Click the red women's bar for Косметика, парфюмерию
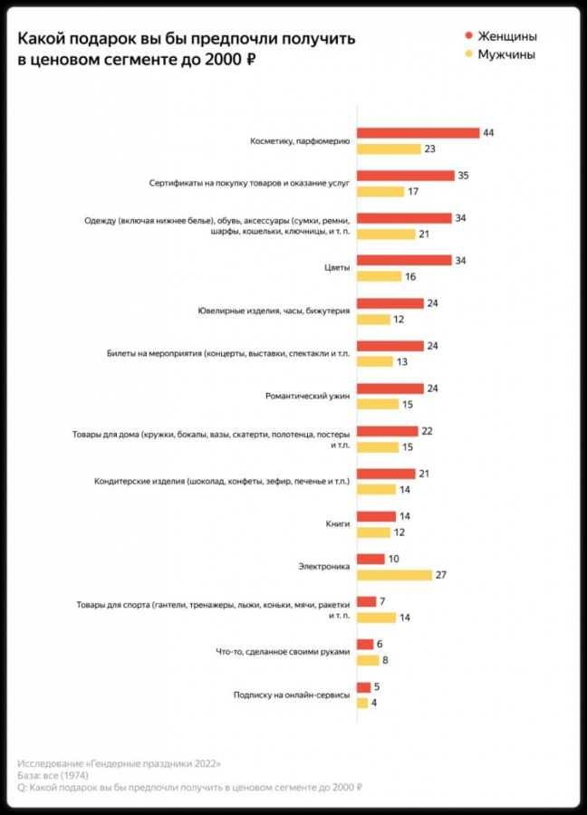tap(418, 133)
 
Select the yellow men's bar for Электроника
tap(394, 575)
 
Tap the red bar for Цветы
tap(404, 261)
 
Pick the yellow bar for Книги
tap(373, 532)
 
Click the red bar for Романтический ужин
tap(390, 388)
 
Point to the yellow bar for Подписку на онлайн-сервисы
tap(362, 703)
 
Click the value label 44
tap(488, 133)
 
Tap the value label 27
tap(441, 575)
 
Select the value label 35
tap(463, 176)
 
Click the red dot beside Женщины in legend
tap(468, 36)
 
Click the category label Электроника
tap(323, 567)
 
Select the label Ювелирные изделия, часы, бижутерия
tap(274, 311)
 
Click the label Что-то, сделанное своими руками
tap(283, 652)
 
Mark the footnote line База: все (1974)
tap(53, 775)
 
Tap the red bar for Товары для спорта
tap(366, 601)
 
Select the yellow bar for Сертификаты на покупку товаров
tap(380, 192)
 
